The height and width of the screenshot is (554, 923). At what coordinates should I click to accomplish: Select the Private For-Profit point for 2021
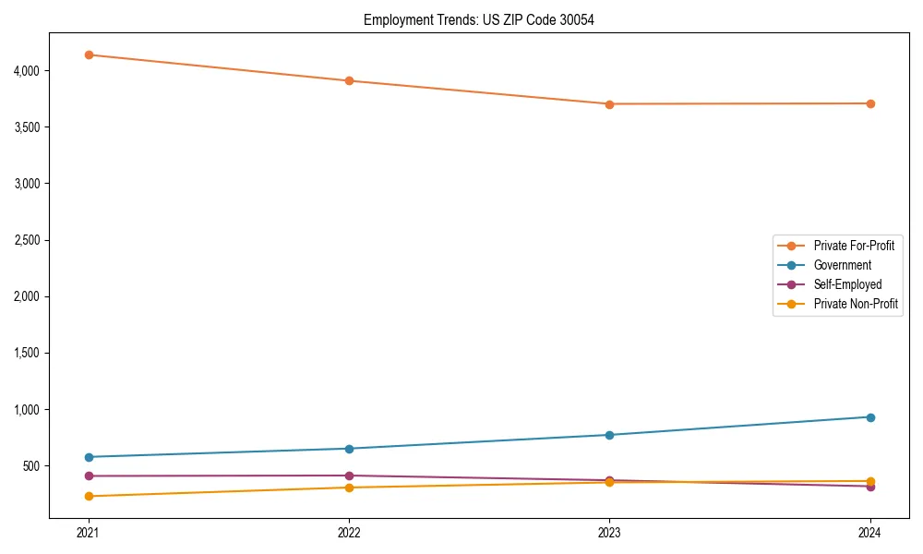click(89, 54)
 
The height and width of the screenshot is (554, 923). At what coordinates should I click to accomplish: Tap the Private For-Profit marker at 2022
click(349, 80)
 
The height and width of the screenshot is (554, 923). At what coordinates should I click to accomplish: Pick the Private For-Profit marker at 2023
click(609, 103)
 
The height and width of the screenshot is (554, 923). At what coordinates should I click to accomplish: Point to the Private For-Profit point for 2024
click(869, 103)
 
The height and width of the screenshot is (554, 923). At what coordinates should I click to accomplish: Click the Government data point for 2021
click(89, 457)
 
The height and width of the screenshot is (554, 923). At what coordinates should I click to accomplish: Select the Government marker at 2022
click(349, 449)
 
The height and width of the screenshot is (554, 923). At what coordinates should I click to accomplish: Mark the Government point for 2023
click(609, 435)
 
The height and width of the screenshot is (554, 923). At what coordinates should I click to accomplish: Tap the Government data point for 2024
click(869, 417)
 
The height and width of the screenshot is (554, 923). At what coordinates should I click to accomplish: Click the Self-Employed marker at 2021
click(89, 476)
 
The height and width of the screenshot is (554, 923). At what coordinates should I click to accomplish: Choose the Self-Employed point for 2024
click(869, 487)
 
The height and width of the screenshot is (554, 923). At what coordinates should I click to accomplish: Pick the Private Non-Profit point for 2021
click(89, 496)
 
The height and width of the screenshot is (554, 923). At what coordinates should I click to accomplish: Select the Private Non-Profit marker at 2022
click(349, 488)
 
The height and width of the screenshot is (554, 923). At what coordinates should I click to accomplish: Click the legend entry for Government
click(842, 265)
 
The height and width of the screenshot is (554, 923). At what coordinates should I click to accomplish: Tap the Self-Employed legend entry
click(847, 284)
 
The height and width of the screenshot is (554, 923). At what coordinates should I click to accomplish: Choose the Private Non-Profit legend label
click(856, 304)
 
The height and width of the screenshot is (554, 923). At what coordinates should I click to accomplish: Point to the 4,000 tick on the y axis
click(26, 70)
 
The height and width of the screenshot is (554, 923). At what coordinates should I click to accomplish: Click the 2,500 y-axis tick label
click(26, 240)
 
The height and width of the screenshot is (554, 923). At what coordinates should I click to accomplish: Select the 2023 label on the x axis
click(609, 532)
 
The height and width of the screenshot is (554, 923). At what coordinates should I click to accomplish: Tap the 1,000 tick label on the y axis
click(26, 409)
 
